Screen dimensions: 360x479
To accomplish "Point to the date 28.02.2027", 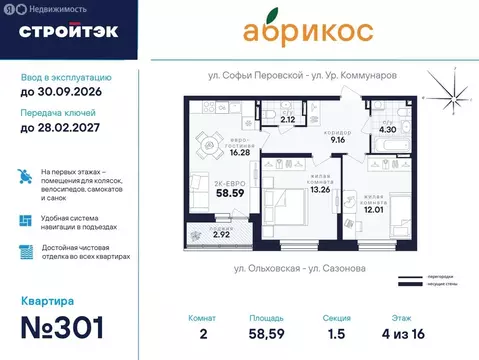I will (x=62, y=128).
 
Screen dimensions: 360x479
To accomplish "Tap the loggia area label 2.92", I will (x=209, y=234).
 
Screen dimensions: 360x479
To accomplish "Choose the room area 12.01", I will (x=374, y=208).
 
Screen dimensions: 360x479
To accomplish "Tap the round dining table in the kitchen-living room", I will (x=212, y=146).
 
